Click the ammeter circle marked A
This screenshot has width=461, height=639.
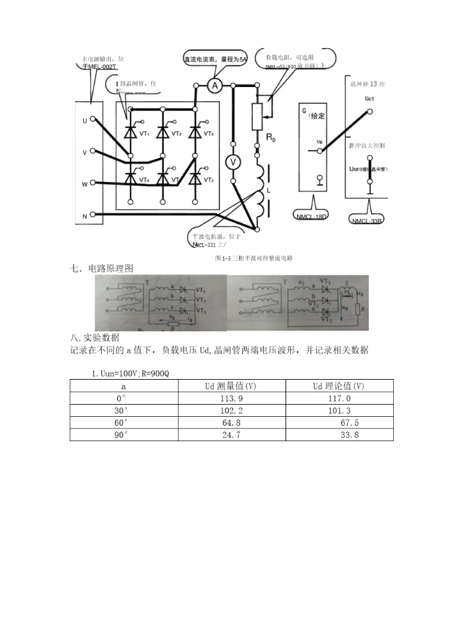[216, 85]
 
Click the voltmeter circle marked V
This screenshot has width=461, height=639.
[234, 163]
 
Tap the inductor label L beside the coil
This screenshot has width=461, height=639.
[267, 191]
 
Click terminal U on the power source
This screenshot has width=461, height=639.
[85, 120]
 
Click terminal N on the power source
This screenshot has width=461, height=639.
[85, 216]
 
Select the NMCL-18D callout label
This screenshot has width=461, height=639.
[312, 216]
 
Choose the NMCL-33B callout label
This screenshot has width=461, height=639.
[368, 221]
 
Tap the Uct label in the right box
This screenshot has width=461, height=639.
[369, 99]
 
